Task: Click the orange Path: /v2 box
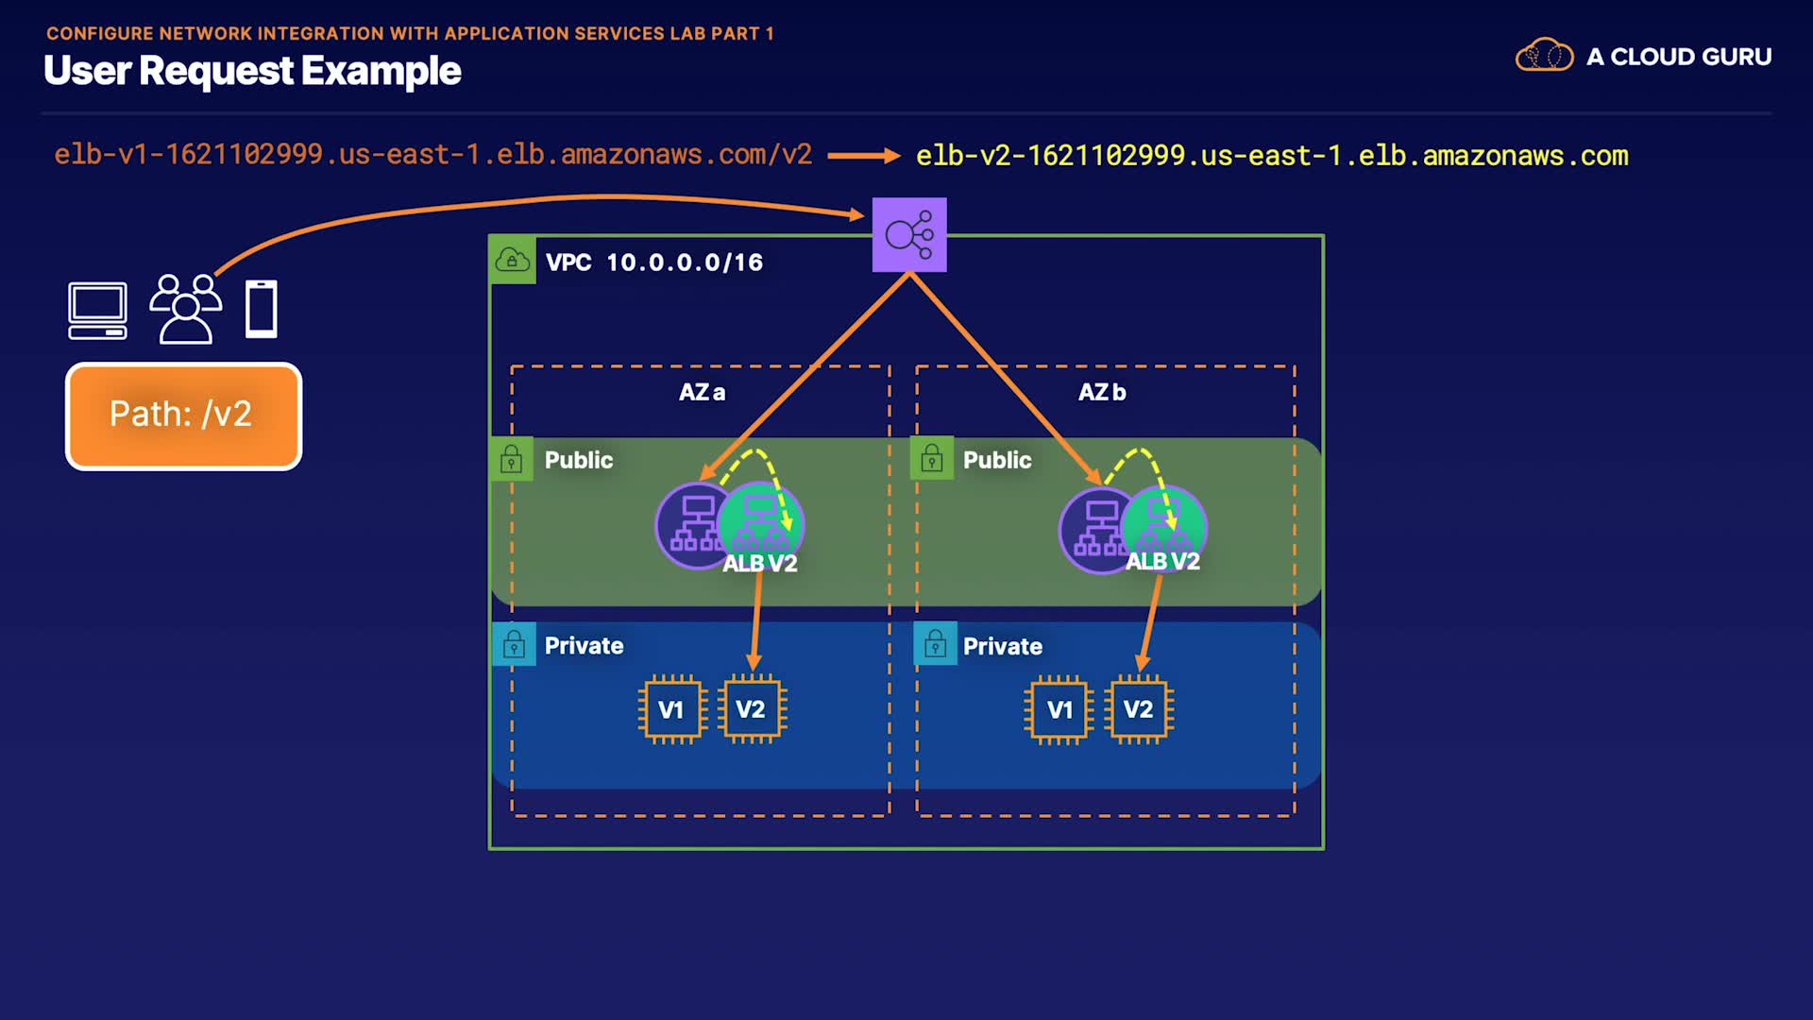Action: [x=183, y=416]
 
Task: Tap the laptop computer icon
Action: [x=97, y=311]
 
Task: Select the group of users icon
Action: [x=186, y=309]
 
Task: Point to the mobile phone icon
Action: [x=262, y=309]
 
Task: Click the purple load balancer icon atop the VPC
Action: [x=909, y=235]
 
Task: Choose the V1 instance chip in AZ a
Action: [x=671, y=709]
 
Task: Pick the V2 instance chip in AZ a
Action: [x=752, y=709]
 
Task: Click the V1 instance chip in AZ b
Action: [x=1059, y=709]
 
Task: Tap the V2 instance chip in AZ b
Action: [x=1139, y=709]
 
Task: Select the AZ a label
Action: [x=703, y=392]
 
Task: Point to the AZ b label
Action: [x=1102, y=392]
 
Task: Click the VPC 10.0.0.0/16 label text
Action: [x=654, y=263]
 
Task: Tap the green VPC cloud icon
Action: [x=513, y=260]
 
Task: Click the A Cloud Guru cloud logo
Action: [x=1545, y=56]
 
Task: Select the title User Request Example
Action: [x=252, y=71]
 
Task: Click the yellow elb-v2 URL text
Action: [x=1272, y=156]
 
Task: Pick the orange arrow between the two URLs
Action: [x=864, y=156]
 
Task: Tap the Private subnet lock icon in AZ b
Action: [x=935, y=644]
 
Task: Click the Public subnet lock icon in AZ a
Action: [x=512, y=459]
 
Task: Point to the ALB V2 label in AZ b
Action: [x=1162, y=561]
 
